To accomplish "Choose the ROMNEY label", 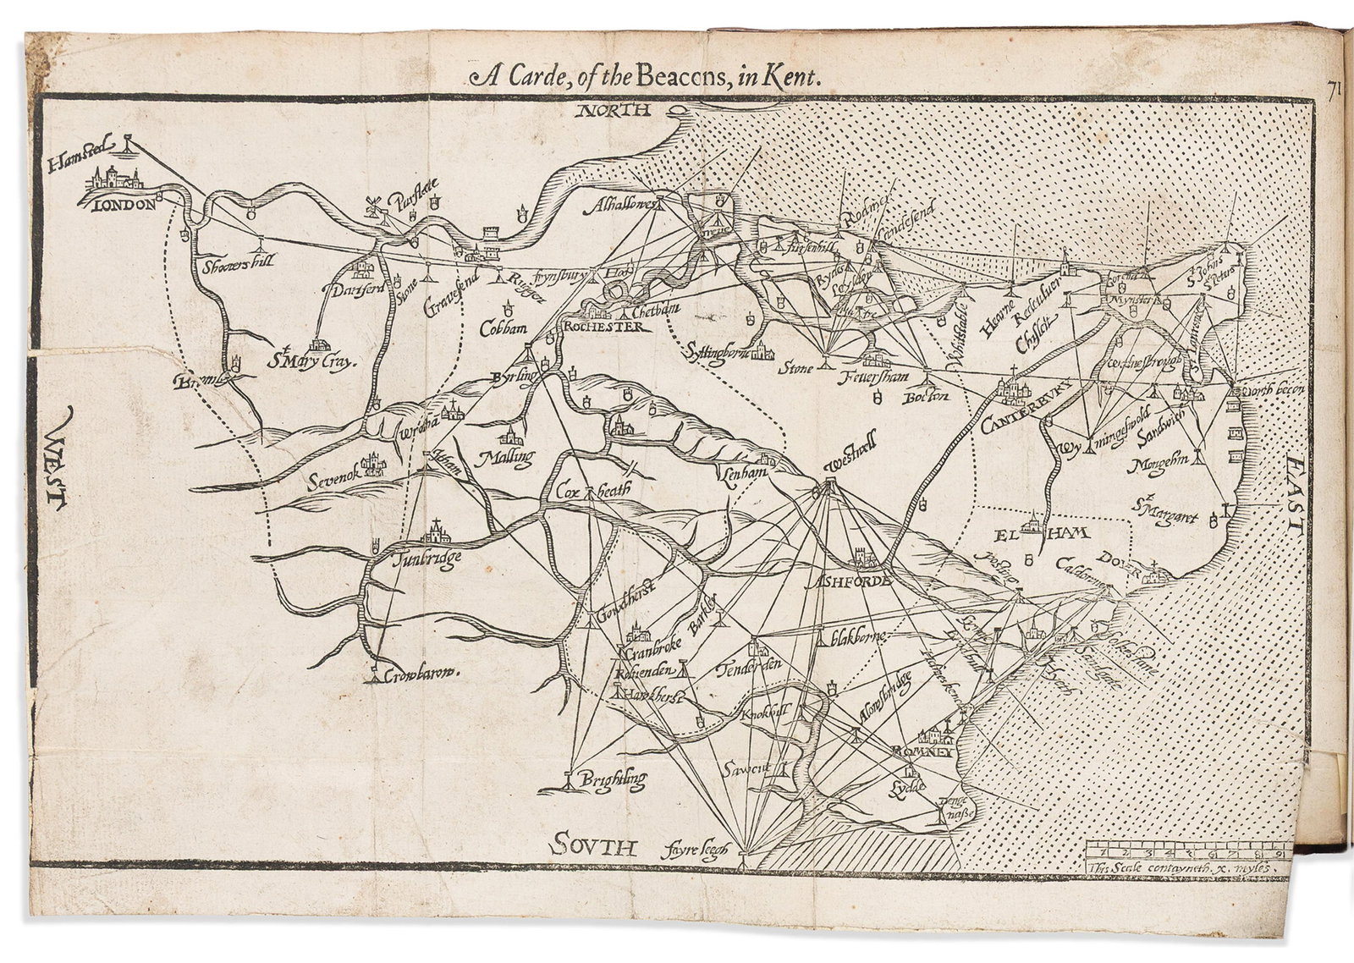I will pyautogui.click(x=927, y=751).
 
